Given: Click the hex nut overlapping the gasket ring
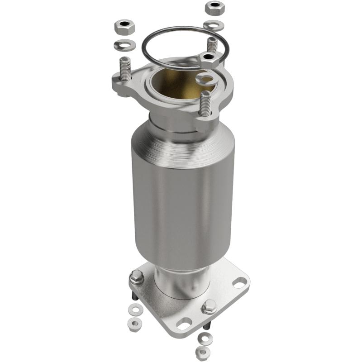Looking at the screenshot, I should click(x=211, y=59).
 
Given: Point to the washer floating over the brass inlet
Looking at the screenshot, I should click(x=206, y=80).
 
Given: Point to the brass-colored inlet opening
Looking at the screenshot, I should click(x=176, y=81).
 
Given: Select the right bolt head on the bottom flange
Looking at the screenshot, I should click(x=209, y=307).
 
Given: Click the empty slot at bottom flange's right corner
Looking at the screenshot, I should click(x=239, y=282).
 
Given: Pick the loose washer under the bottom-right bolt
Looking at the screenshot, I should click(x=205, y=337).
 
